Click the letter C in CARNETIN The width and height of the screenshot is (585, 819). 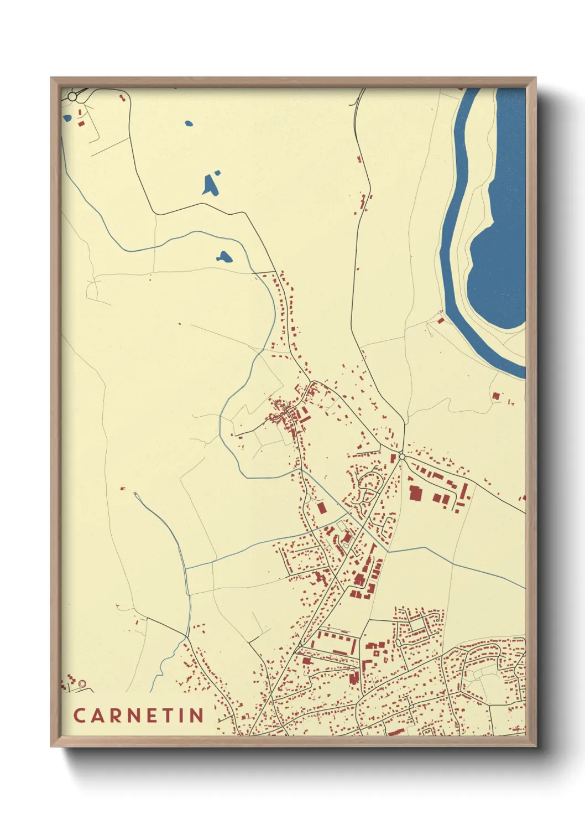(x=79, y=716)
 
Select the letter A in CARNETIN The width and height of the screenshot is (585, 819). (x=96, y=716)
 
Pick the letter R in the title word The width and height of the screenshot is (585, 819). (x=113, y=716)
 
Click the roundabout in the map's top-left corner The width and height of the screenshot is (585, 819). (x=72, y=97)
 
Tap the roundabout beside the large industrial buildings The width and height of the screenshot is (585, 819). (x=401, y=457)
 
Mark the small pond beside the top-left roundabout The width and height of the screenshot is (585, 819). (x=67, y=117)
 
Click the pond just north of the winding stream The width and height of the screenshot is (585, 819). (x=224, y=257)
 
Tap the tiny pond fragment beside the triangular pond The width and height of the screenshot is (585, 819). (x=217, y=173)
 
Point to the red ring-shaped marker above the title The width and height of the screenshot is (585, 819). (x=82, y=684)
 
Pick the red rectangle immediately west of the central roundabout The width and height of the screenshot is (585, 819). (x=393, y=457)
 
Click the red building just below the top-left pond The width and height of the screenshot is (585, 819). (x=81, y=123)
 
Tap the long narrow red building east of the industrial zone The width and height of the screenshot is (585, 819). (x=465, y=490)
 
